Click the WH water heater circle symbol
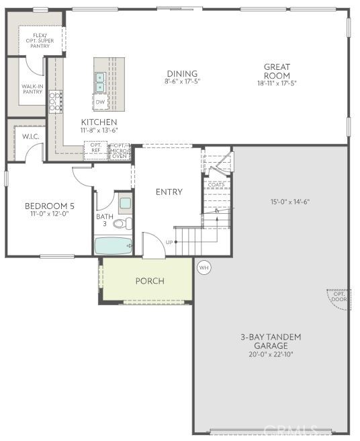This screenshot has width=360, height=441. [204, 267]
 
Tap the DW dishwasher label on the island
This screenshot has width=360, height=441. [100, 102]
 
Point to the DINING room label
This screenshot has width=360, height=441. [181, 74]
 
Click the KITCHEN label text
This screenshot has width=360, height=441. [99, 122]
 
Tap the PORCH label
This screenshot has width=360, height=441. [149, 280]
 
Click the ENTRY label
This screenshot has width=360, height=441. [169, 192]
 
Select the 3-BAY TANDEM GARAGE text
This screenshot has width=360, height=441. [271, 341]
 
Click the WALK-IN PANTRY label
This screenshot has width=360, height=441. [32, 89]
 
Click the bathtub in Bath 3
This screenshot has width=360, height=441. [112, 245]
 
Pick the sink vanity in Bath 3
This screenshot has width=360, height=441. [125, 202]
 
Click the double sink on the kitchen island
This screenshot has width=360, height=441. [100, 82]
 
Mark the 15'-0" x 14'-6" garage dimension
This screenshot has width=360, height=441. [290, 202]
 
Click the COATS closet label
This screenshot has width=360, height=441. [216, 184]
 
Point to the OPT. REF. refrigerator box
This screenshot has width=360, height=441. [96, 148]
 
